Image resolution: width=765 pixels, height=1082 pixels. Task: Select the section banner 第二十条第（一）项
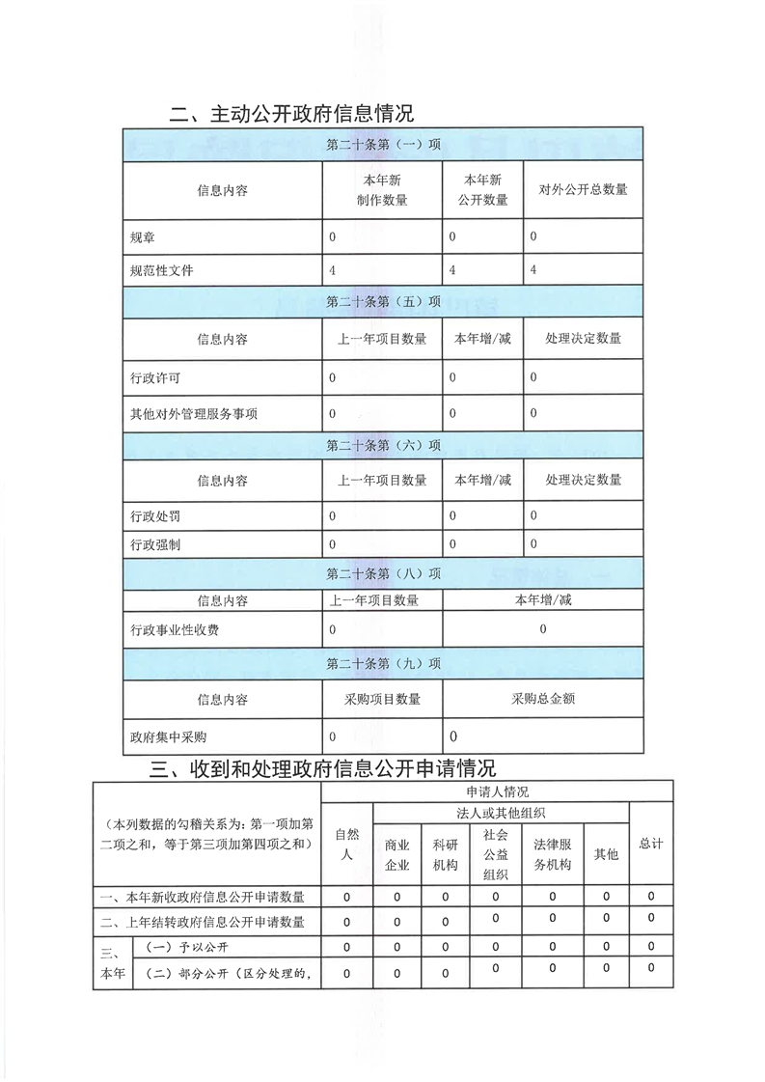[x=383, y=145]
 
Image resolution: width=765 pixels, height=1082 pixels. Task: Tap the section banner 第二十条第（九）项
[x=383, y=664]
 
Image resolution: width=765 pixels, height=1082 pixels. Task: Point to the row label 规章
[x=142, y=236]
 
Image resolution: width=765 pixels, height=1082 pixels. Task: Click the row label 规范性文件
[x=162, y=270]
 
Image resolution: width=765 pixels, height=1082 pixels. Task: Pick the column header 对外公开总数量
[x=583, y=190]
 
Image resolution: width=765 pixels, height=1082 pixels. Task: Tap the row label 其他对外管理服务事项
[x=194, y=414]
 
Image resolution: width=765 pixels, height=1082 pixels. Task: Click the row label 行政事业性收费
[x=175, y=629]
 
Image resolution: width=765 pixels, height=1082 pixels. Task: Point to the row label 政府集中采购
[x=168, y=736]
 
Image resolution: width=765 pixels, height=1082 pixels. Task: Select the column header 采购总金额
[x=543, y=699]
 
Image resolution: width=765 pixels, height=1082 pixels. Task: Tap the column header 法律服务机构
[x=553, y=853]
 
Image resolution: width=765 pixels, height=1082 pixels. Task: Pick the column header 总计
[x=651, y=844]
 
